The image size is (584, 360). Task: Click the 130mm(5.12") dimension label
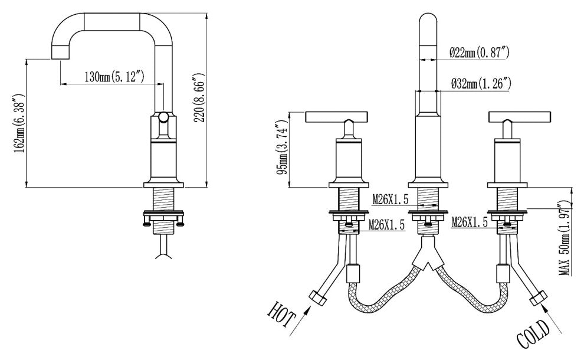[114, 77]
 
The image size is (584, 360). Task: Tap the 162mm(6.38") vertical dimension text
[19, 124]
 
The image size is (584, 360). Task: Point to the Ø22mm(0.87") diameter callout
[479, 53]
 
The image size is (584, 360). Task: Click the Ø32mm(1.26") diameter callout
[481, 83]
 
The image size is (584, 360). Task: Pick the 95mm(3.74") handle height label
[283, 148]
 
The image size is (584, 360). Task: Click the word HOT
[281, 314]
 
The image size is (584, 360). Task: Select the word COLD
[533, 334]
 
